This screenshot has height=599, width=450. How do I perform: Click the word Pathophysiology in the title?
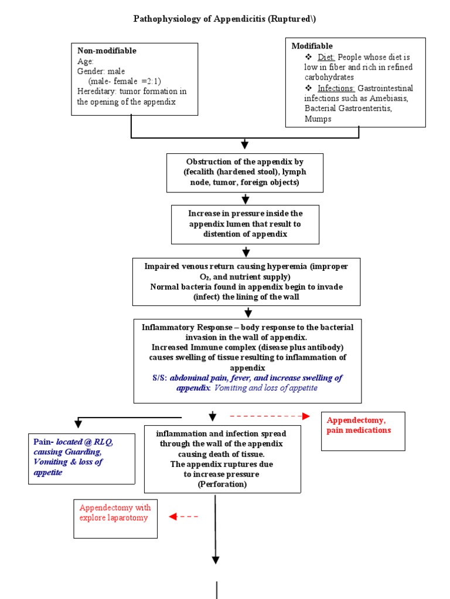[162, 19]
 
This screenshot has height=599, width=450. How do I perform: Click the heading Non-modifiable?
[107, 51]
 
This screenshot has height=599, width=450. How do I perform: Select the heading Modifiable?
[312, 46]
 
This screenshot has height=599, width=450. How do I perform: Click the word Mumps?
[318, 119]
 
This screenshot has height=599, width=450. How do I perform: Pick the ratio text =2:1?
[149, 81]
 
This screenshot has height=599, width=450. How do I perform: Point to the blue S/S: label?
[159, 378]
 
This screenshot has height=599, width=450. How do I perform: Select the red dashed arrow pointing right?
[270, 416]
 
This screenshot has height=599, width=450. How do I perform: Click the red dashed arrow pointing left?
[183, 517]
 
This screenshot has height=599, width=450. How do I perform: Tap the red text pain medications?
[359, 430]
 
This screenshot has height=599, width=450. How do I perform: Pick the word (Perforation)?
[222, 485]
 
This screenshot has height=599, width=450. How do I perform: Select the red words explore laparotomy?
[114, 518]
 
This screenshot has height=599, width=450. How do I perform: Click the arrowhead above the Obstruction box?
[245, 145]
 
